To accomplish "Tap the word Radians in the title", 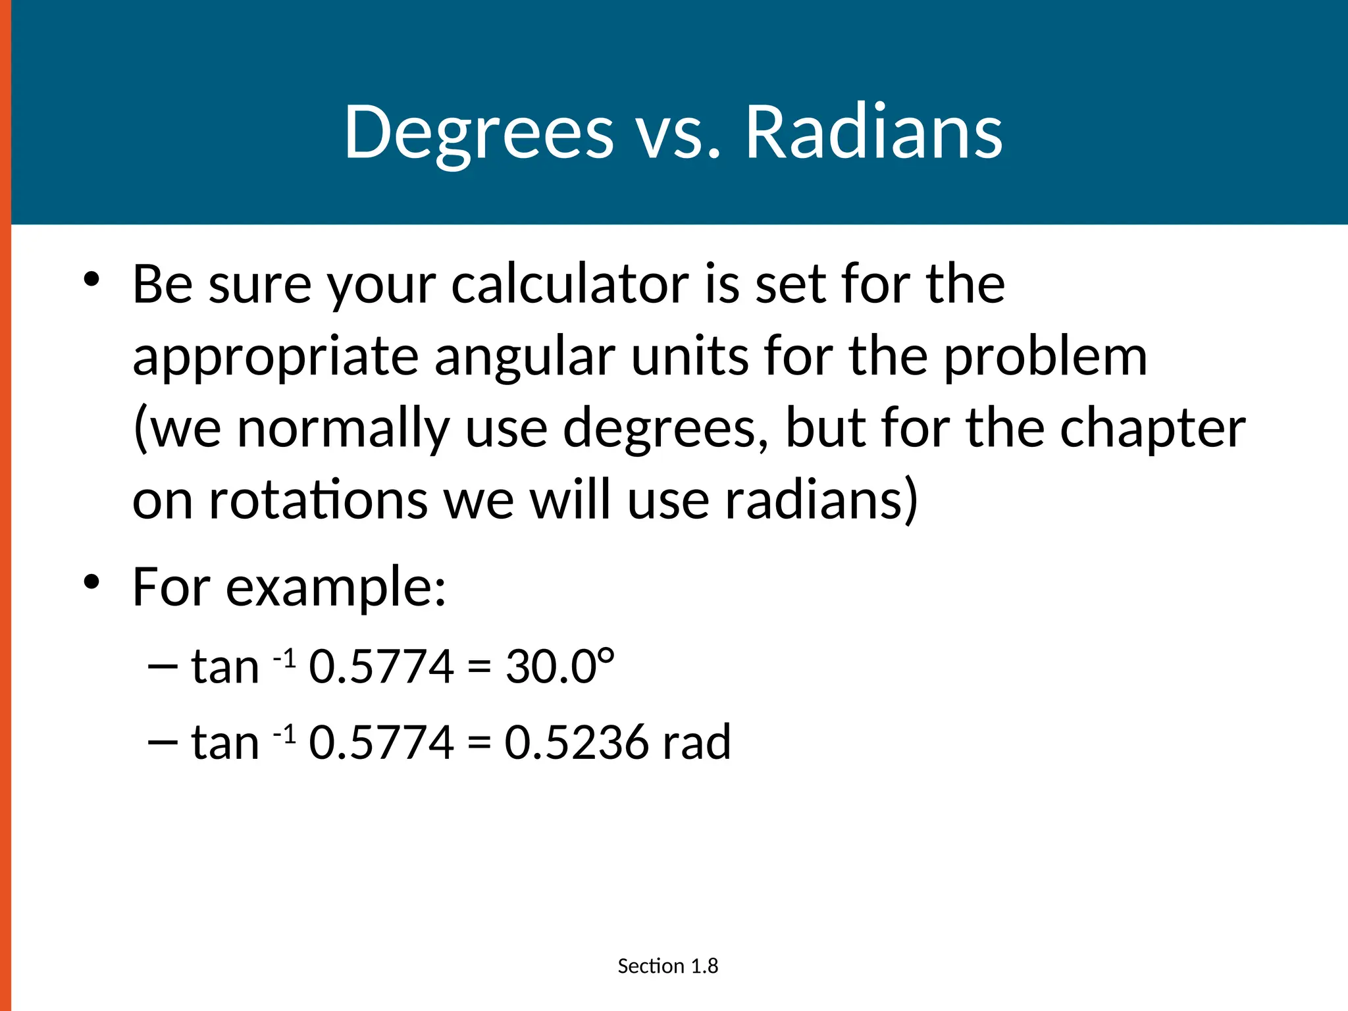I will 873,133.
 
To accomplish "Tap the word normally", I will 343,429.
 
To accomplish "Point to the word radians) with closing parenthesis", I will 821,500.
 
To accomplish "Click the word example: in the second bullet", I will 336,587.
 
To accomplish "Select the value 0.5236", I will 577,742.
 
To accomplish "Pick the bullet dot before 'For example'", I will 91,582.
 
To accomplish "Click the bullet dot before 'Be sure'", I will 91,279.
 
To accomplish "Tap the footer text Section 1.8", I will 667,966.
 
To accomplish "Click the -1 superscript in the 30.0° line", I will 284,657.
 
